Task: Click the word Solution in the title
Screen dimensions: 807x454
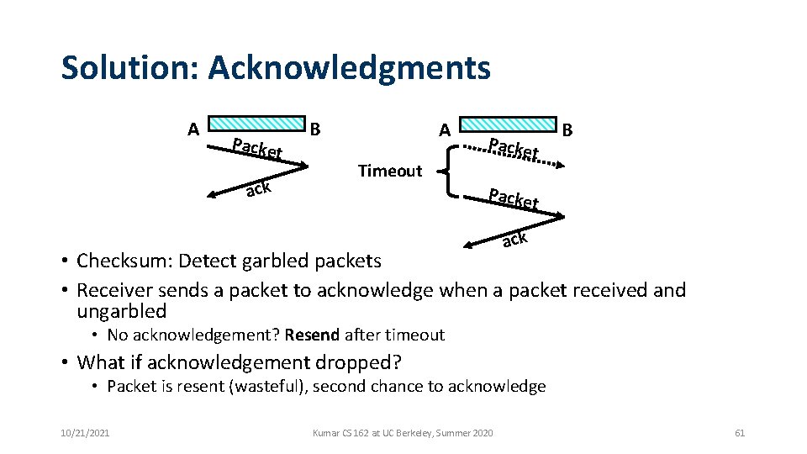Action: (x=127, y=67)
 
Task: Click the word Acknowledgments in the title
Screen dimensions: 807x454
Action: (x=349, y=67)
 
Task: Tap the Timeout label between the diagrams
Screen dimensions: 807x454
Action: (x=389, y=171)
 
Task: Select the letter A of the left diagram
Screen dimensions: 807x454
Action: (x=193, y=129)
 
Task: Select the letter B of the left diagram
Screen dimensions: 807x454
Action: (x=315, y=129)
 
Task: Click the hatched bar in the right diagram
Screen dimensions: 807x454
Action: (x=509, y=124)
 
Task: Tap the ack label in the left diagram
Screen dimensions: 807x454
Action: (x=258, y=189)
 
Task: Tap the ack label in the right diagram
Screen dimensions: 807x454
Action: (x=514, y=240)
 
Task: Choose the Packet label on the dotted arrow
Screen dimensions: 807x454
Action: (x=514, y=148)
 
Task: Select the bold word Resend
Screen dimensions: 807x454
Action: (x=312, y=335)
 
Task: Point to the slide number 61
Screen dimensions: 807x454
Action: (x=740, y=433)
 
